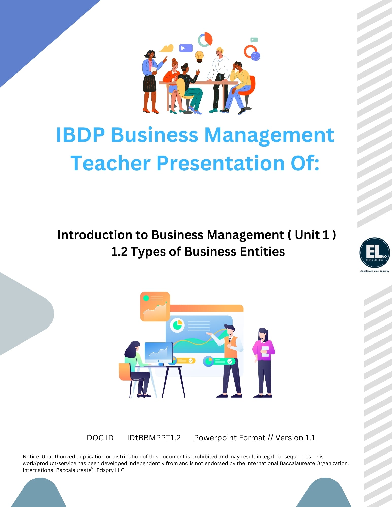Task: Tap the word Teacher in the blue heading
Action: click(111, 163)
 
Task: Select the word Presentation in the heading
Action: click(220, 163)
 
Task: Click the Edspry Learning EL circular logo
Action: click(374, 253)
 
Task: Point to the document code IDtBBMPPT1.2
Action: click(154, 438)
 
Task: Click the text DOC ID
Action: click(100, 438)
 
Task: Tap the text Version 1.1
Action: click(295, 438)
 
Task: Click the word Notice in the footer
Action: click(31, 457)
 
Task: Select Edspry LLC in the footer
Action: click(110, 470)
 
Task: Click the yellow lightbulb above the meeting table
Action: click(199, 57)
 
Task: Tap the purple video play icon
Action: click(186, 48)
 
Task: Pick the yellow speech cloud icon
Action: click(167, 48)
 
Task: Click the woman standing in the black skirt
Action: click(150, 81)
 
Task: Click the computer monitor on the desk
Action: click(159, 353)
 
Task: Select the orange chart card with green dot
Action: click(155, 306)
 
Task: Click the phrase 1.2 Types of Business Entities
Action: click(198, 251)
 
